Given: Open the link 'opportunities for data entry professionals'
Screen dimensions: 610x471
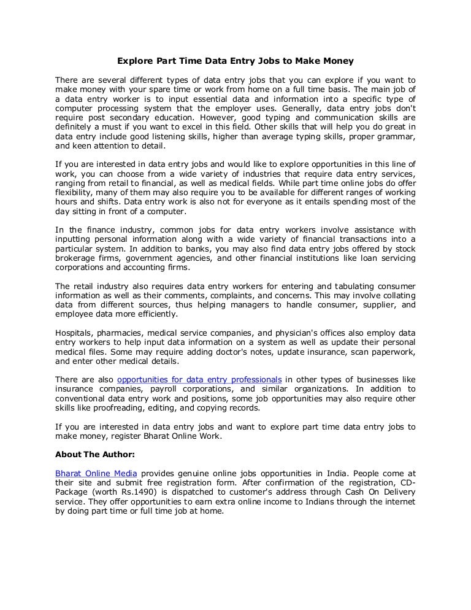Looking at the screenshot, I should click(199, 379).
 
